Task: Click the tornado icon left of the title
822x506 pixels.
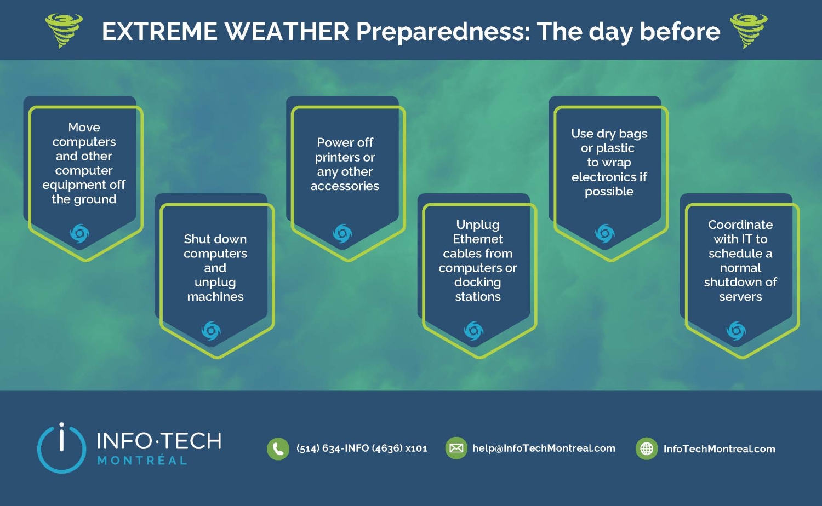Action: point(64,30)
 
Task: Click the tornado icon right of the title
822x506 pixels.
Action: point(749,30)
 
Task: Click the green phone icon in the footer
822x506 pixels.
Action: point(278,449)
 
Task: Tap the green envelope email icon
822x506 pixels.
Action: point(456,449)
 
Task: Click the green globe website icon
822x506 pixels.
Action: point(647,449)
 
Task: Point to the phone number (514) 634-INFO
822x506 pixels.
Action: point(362,449)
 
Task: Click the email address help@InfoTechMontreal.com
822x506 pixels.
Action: point(544,449)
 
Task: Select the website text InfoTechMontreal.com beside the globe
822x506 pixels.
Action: point(719,449)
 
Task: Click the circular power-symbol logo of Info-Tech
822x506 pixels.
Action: point(61,448)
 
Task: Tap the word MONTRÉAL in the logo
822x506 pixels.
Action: point(142,461)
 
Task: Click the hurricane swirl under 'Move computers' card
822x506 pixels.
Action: point(79,233)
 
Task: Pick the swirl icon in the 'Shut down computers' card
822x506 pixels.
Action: point(211,331)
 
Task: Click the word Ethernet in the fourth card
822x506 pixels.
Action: point(477,239)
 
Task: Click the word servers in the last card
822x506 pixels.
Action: point(740,297)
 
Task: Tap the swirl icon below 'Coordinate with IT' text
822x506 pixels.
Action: point(736,331)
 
